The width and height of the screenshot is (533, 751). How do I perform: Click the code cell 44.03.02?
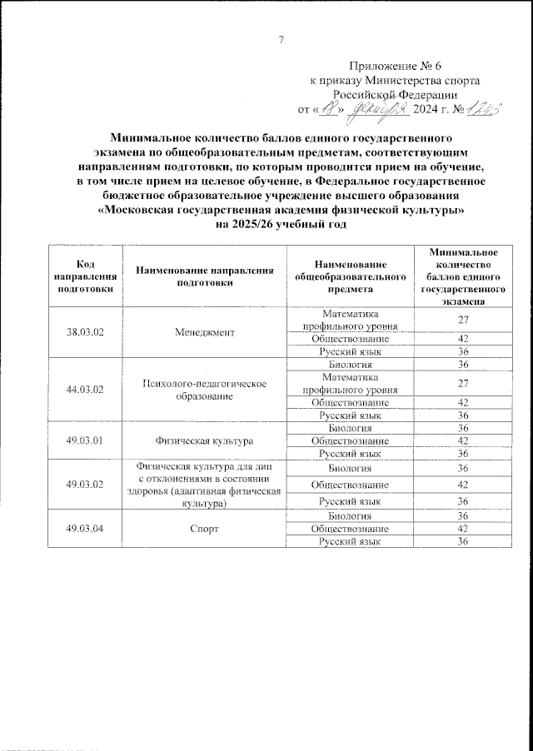[85, 389]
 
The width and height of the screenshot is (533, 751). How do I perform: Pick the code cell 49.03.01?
[85, 440]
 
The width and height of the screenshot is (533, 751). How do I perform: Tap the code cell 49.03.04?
[85, 530]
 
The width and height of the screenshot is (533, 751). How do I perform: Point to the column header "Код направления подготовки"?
[85, 276]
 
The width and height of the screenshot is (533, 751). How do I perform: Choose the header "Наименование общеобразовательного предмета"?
[350, 276]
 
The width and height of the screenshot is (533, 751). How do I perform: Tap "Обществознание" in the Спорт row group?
[350, 530]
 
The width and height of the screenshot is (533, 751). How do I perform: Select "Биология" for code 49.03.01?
[350, 428]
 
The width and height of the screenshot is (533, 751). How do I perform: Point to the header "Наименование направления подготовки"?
[206, 276]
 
